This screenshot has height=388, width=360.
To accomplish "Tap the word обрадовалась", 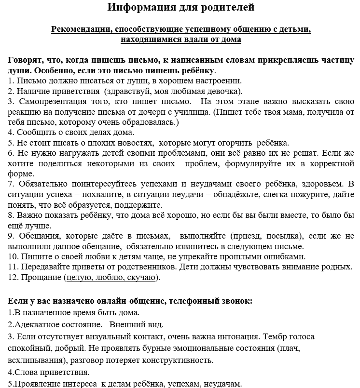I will (147, 122).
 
